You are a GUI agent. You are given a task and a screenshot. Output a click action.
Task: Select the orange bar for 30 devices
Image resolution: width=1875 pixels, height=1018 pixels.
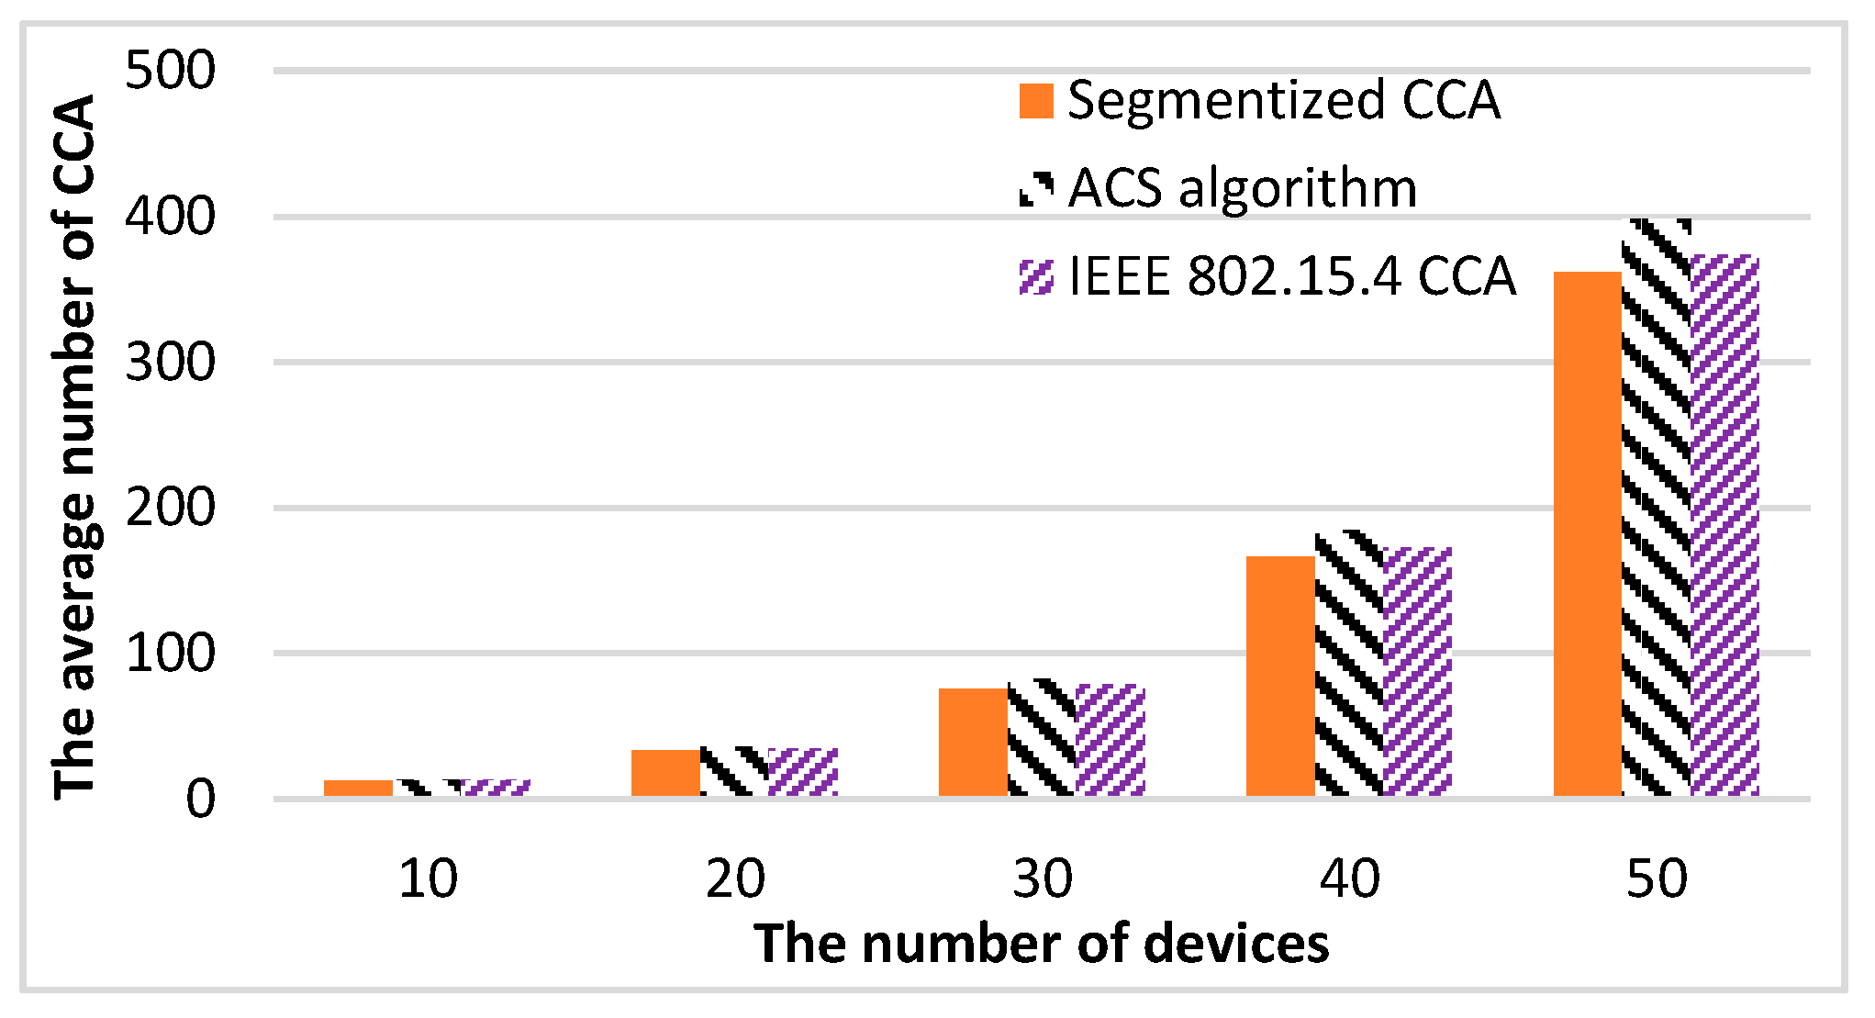[x=973, y=742]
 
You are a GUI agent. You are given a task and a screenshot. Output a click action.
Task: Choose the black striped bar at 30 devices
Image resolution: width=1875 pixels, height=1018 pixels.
[x=1042, y=738]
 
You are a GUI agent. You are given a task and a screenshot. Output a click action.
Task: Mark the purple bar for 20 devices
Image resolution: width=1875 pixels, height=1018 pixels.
[x=803, y=772]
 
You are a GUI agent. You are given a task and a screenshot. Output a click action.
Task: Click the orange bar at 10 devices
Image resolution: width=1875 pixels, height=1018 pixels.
[x=358, y=789]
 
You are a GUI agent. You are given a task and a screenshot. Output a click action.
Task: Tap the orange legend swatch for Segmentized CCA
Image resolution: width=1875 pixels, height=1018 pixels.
[x=1036, y=101]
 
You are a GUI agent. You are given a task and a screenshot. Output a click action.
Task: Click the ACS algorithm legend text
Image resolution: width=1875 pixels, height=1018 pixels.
[x=1244, y=188]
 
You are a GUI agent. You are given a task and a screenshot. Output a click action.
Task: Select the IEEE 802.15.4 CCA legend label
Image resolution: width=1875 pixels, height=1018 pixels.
[x=1292, y=275]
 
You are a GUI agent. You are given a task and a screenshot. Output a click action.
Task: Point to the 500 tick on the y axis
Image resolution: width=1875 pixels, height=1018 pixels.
[x=171, y=71]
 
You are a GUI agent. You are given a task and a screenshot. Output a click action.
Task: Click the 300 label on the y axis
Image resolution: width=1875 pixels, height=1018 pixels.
[x=171, y=363]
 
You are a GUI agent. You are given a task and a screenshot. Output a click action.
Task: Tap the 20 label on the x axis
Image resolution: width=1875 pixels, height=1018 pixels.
[x=734, y=878]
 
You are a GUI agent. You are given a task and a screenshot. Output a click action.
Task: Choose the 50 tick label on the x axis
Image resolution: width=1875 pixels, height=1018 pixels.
[x=1657, y=878]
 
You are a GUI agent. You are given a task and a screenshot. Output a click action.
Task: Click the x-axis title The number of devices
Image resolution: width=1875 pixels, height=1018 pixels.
[x=1042, y=944]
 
